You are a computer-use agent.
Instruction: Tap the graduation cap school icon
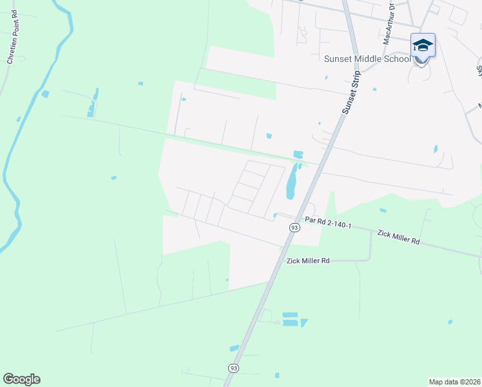pos(423,45)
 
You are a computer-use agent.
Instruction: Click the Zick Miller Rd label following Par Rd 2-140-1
pos(398,237)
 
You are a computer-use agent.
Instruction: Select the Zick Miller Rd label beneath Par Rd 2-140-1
pos(307,261)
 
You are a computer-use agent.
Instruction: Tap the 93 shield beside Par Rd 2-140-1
pos(294,228)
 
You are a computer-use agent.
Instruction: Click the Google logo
pos(21,379)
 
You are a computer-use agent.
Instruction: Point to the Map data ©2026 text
pos(454,381)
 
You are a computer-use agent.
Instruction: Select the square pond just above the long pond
pos(297,154)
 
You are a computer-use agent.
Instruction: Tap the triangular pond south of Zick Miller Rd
pos(304,322)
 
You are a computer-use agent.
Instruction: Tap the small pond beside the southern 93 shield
pos(234,348)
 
